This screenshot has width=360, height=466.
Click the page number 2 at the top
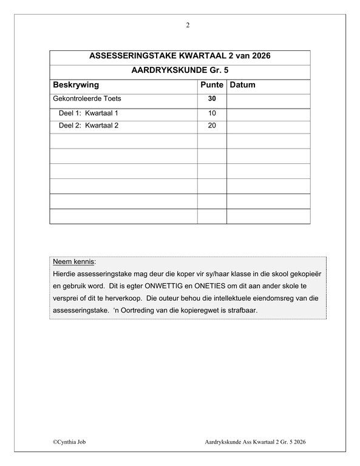[188, 25]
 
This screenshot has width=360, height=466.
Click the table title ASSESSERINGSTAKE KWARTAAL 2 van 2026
[180, 56]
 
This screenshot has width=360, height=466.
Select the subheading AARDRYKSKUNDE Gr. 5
[180, 70]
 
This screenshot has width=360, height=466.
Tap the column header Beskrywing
[76, 85]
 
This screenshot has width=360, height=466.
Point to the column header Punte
[212, 85]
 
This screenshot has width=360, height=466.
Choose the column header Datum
[243, 85]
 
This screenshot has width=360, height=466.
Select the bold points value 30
[212, 99]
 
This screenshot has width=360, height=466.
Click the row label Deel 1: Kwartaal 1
[88, 113]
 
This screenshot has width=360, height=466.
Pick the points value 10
[212, 113]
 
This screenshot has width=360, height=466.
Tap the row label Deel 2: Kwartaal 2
[88, 127]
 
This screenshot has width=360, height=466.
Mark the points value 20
[212, 127]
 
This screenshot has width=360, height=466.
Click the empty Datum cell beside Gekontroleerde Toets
[269, 99]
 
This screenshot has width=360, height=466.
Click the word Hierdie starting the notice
[66, 274]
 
